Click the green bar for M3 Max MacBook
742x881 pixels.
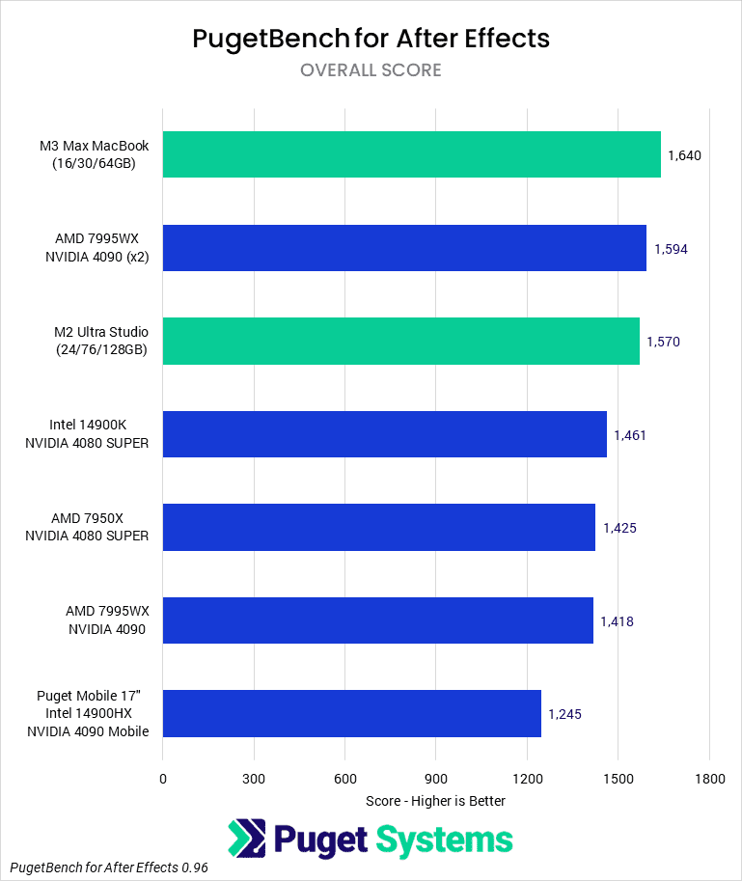pos(411,154)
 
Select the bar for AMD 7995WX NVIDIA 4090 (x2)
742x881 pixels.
pos(404,248)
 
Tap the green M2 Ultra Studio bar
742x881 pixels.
pos(400,341)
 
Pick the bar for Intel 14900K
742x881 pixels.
pos(384,434)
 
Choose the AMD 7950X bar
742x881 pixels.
pos(378,527)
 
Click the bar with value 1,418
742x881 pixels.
pos(377,620)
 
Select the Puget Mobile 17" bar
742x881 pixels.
pos(351,713)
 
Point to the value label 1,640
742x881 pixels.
pos(684,155)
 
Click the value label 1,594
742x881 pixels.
pos(671,249)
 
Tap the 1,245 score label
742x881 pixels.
pos(564,714)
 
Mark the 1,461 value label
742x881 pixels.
pos(630,435)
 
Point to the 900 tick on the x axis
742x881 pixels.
pos(435,778)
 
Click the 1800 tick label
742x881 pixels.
pos(709,778)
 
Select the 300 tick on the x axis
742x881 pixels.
pos(254,778)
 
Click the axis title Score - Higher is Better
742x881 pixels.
pos(435,800)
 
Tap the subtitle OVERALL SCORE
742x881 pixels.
pos(371,69)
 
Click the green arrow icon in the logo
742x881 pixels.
pos(247,839)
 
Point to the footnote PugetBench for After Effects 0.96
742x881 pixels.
pos(110,867)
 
